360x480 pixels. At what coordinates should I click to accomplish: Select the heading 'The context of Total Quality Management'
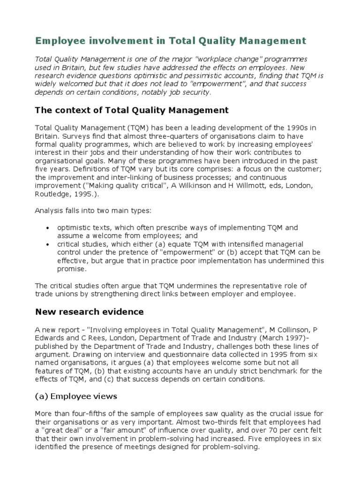click(x=132, y=110)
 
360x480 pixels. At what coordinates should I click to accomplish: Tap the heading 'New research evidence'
click(x=90, y=312)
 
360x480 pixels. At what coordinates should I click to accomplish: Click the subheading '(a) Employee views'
click(x=76, y=396)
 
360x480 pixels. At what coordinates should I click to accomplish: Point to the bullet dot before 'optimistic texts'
click(x=47, y=228)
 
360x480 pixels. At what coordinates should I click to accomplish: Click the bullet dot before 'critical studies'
click(x=47, y=245)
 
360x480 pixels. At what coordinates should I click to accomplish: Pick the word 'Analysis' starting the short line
click(x=50, y=211)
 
